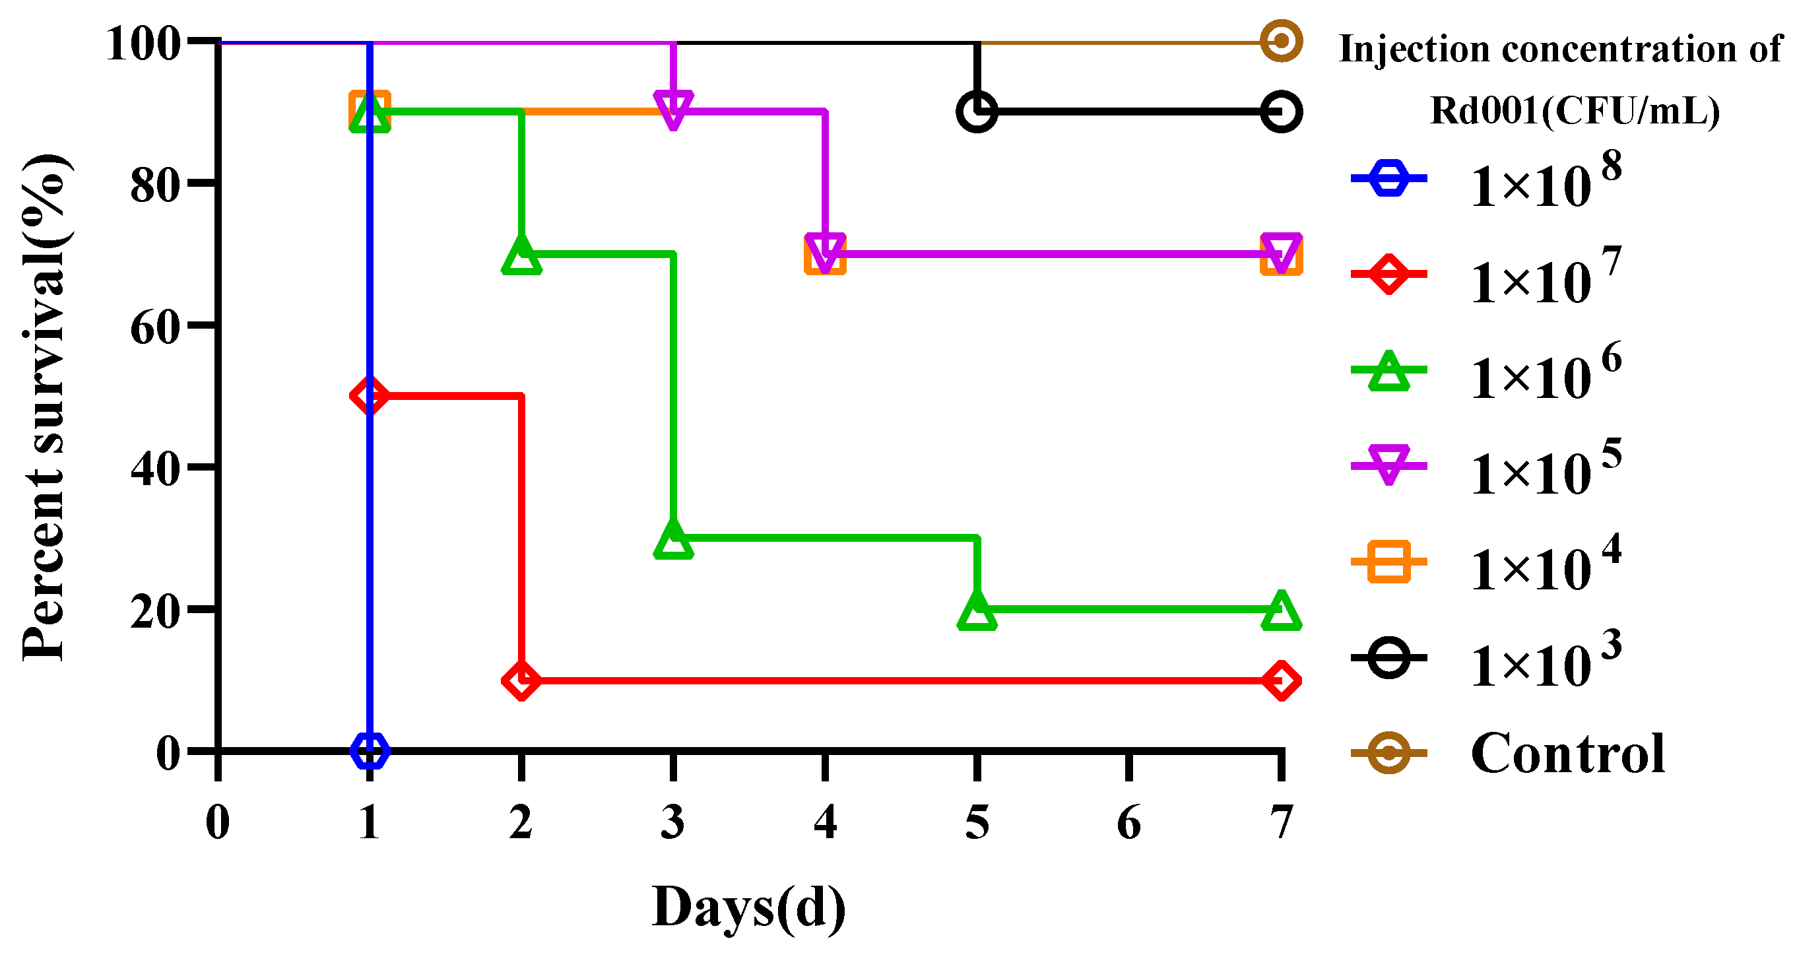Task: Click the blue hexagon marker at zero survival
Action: (370, 750)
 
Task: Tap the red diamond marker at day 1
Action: (370, 396)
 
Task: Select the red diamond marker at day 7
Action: (1281, 680)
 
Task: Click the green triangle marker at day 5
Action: (977, 611)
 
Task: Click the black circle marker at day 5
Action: (977, 112)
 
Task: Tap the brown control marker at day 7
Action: (1281, 41)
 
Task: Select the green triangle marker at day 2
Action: (521, 255)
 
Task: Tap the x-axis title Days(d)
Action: (748, 907)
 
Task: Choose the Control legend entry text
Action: (1567, 754)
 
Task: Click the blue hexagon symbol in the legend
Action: (1388, 178)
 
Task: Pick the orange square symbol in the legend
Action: (1388, 561)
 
